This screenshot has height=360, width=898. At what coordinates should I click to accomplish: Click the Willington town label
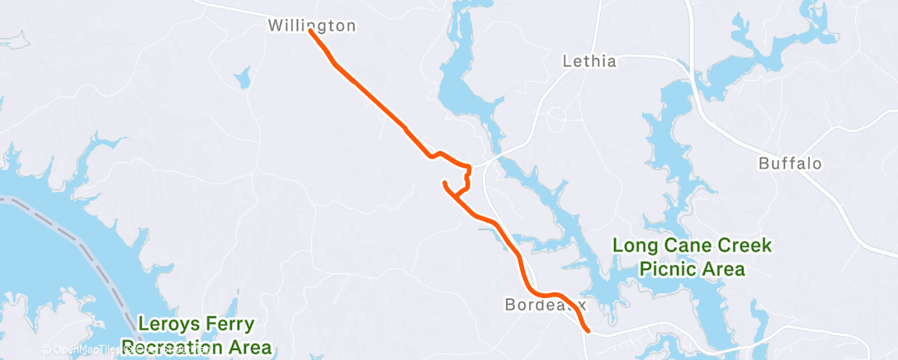point(312,26)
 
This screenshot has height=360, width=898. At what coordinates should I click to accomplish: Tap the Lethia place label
point(588,61)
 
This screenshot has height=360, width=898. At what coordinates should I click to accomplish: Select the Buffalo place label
point(790,163)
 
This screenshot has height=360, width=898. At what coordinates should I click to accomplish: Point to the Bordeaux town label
point(545,305)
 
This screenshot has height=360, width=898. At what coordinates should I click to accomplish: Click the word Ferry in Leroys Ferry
point(231,324)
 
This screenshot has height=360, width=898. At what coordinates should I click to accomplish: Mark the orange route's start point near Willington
point(310,31)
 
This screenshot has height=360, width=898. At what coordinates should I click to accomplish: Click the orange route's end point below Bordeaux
point(588,330)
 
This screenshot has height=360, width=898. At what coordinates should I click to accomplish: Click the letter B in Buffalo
point(763,163)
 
